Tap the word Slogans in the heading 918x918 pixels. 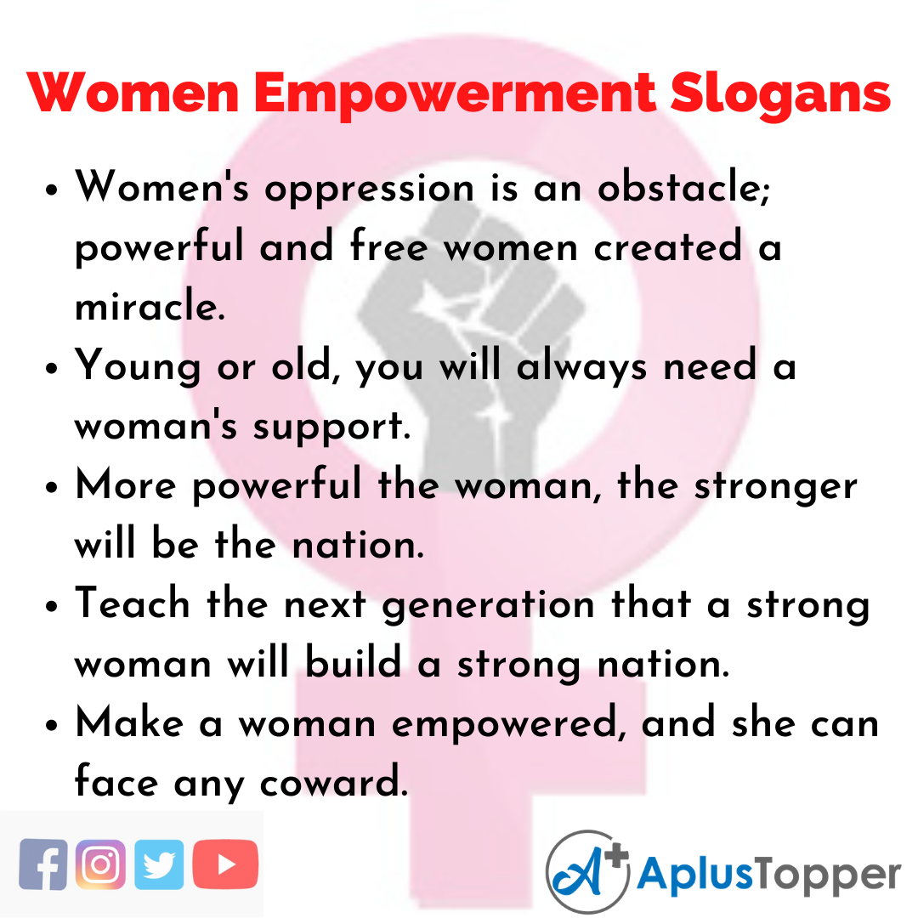779,94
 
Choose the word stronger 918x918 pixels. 773,486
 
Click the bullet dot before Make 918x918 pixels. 53,726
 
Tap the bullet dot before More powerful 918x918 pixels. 53,488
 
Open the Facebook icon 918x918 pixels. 43,864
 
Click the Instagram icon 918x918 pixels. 100,864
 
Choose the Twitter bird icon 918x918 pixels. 159,864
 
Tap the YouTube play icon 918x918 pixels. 225,864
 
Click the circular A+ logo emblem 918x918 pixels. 586,872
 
